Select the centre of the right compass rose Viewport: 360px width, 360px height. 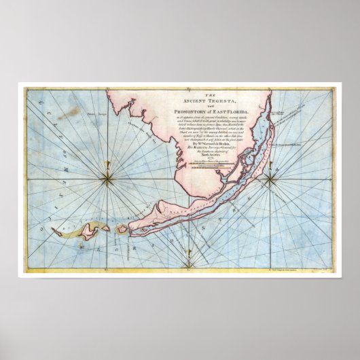pos(270,179)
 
